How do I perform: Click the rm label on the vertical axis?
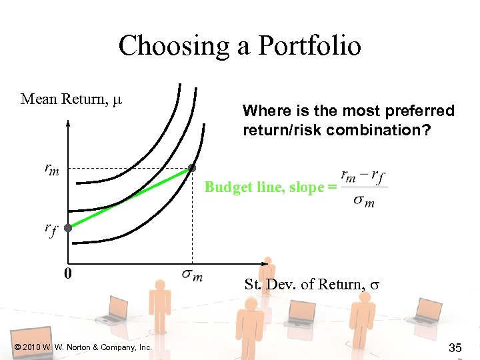(x=51, y=169)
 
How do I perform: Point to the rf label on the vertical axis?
(x=51, y=229)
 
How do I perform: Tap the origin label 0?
(x=68, y=273)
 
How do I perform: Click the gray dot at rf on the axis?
(x=68, y=227)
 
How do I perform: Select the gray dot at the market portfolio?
(x=192, y=167)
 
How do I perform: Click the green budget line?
(x=130, y=198)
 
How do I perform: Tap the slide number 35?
(x=456, y=347)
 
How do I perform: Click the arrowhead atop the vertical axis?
(x=68, y=122)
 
